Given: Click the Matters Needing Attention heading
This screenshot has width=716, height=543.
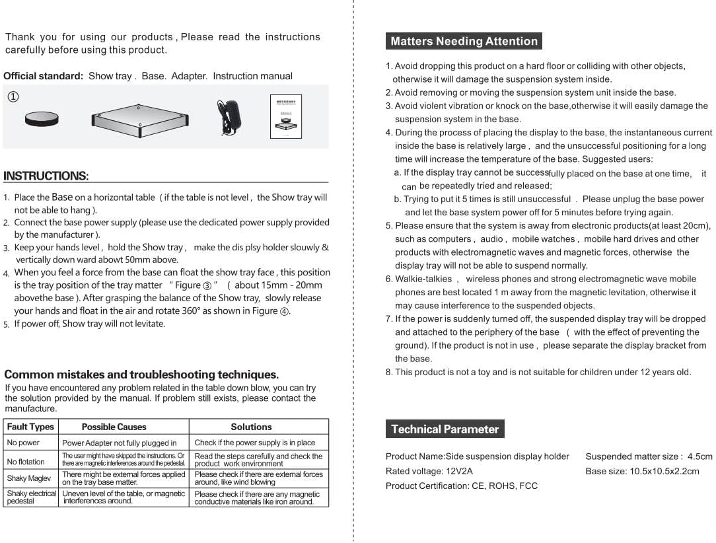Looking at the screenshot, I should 464,41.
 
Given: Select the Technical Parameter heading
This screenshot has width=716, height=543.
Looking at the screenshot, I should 445,429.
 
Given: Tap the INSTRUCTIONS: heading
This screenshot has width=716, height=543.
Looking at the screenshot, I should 46,176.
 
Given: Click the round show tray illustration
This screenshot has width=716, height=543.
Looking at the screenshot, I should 42,119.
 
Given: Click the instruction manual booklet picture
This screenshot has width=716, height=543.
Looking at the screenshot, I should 285,117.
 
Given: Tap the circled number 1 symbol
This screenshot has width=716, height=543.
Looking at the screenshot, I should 13,97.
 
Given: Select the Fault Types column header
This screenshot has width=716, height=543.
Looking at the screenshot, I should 30,427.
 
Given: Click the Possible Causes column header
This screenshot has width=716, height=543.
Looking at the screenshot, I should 114,427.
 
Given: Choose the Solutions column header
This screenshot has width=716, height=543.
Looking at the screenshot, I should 251,427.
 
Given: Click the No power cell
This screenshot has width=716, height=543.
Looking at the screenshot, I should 23,443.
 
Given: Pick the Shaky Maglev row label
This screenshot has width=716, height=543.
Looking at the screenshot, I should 29,478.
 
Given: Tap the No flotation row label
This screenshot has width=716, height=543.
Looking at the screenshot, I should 26,462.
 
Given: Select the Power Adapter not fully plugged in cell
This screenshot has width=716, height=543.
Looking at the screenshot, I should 119,443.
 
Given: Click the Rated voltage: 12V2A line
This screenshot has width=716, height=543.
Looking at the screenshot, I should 429,471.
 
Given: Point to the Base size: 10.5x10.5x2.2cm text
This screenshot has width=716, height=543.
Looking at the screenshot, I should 642,471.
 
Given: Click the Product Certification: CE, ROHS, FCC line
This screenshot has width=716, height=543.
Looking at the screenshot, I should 461,486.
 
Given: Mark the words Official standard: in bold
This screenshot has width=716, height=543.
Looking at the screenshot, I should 43,76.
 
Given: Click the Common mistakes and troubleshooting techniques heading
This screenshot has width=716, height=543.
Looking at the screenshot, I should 141,375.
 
